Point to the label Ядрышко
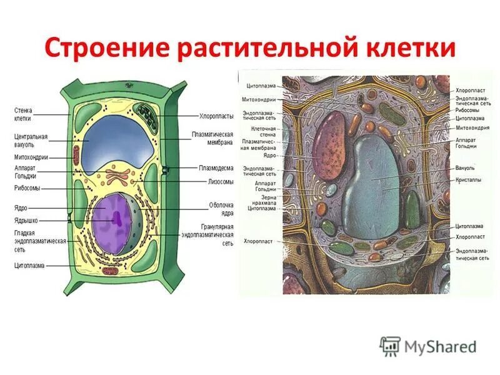click(28, 220)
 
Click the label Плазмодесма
click(216, 167)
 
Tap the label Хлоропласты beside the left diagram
click(216, 116)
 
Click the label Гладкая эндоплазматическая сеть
click(39, 241)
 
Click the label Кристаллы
click(469, 179)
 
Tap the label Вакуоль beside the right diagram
click(465, 168)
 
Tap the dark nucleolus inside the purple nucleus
click(116, 219)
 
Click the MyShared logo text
click(441, 346)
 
